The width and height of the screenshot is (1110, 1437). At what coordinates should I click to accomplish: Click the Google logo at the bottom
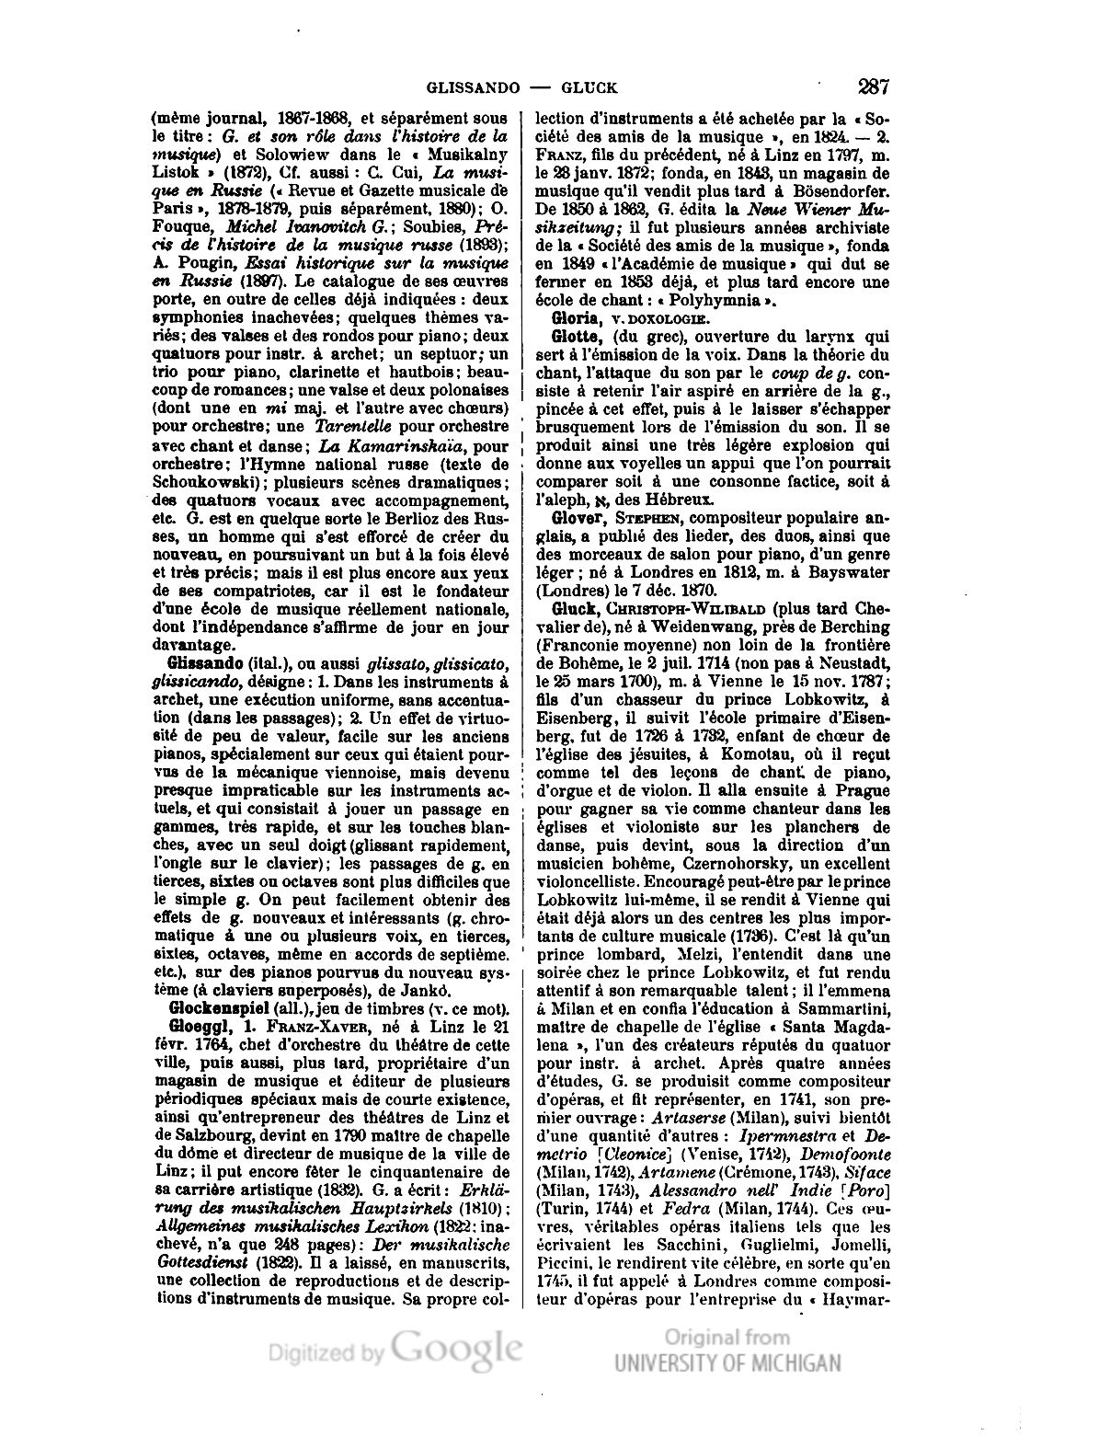click(456, 1350)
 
